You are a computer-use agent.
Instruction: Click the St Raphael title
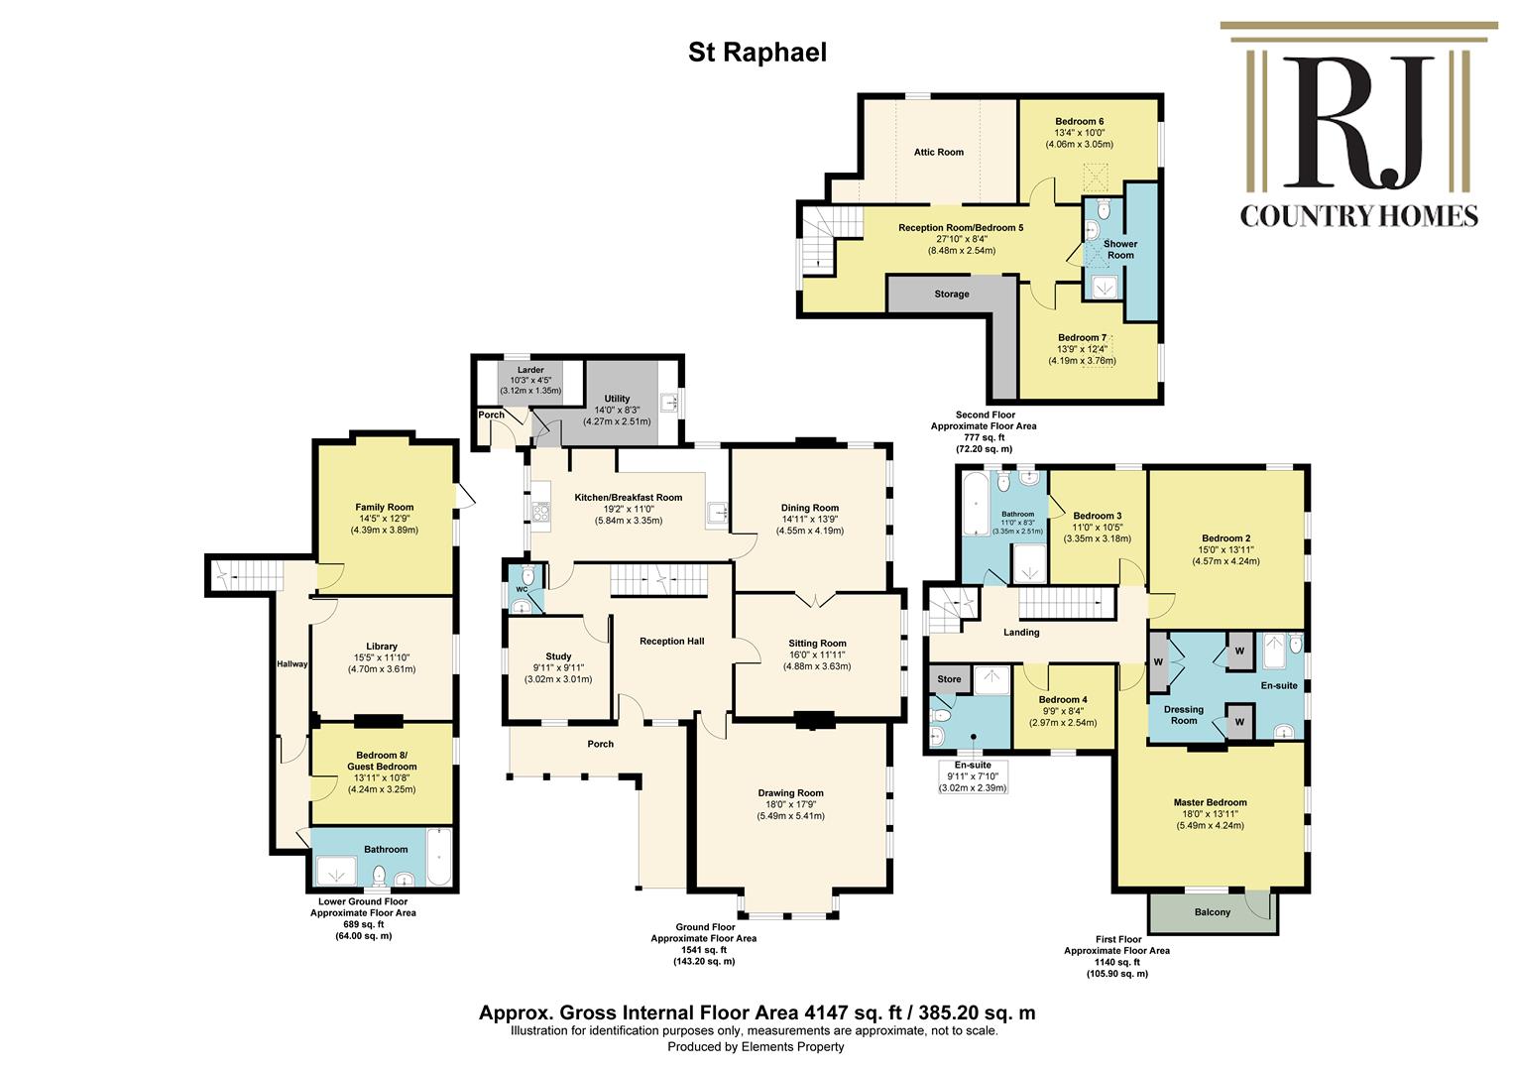click(x=757, y=53)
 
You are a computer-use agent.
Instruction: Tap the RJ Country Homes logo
click(x=1358, y=125)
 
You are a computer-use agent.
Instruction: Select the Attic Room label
click(x=939, y=153)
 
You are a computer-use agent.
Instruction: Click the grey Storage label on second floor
click(x=952, y=295)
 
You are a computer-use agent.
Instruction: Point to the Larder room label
click(x=530, y=370)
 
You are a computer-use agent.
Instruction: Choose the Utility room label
click(x=617, y=399)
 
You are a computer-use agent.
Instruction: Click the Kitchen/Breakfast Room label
click(x=629, y=497)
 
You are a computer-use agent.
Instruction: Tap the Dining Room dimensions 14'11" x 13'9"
click(x=810, y=519)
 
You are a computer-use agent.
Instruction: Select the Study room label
click(x=558, y=656)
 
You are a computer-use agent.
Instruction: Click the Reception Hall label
click(x=671, y=642)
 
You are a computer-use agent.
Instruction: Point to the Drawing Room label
click(x=790, y=793)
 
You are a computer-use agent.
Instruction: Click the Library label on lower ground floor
click(x=382, y=647)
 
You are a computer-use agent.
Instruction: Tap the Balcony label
click(x=1212, y=912)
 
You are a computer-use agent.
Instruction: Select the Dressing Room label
click(x=1184, y=714)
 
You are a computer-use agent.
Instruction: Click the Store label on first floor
click(x=949, y=678)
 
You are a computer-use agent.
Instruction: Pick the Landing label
click(x=1021, y=632)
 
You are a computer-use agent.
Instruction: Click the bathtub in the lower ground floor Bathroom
click(x=439, y=856)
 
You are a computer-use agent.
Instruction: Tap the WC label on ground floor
click(x=522, y=589)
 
